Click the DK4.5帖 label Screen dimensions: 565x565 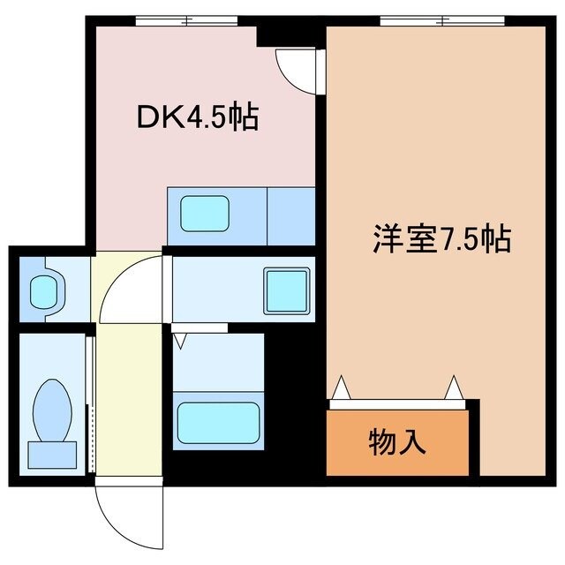(197, 117)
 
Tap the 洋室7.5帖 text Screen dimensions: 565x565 (441, 239)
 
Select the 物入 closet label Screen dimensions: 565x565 (397, 441)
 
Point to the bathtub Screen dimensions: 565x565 (218, 423)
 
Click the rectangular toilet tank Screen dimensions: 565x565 (53, 455)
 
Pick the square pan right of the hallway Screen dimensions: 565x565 (284, 289)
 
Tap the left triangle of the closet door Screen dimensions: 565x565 (341, 389)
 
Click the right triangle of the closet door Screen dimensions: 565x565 (455, 388)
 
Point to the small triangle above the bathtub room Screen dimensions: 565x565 (183, 339)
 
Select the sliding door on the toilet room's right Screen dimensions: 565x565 (89, 402)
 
